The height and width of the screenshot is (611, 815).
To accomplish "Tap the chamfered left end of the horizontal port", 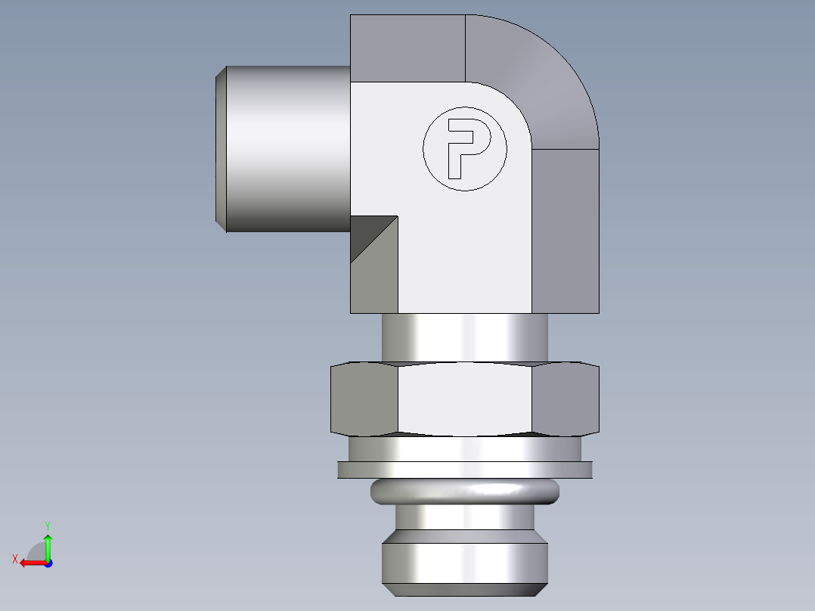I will click(x=220, y=149).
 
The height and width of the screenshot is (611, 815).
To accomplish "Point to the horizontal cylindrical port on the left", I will click(x=287, y=149).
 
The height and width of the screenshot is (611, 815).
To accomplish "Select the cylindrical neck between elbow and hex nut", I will click(x=464, y=337).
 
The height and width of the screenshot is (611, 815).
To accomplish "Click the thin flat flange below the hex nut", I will click(x=464, y=470).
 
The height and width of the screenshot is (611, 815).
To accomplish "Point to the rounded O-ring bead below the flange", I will click(x=464, y=492).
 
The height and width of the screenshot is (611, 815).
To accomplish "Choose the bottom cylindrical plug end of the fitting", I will click(x=464, y=563).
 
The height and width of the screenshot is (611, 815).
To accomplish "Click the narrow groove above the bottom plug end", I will click(x=464, y=519).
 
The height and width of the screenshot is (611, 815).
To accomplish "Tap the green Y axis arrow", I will click(x=48, y=544).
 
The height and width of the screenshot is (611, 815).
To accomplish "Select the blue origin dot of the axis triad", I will click(x=48, y=563).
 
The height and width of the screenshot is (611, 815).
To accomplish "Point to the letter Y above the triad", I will click(x=48, y=525).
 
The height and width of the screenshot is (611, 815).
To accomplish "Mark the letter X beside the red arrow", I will click(x=14, y=559).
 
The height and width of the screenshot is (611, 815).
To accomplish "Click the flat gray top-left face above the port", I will click(x=407, y=48).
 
